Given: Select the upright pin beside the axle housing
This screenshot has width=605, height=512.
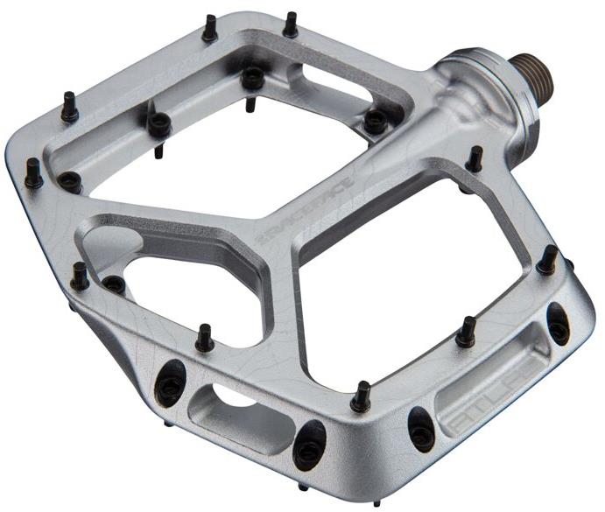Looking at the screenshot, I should [x=475, y=159].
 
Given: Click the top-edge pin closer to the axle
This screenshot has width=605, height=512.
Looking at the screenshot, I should [x=291, y=24].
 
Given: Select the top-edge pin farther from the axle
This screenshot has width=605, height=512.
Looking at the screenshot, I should [x=210, y=29].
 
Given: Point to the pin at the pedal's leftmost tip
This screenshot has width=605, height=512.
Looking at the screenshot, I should [x=33, y=173].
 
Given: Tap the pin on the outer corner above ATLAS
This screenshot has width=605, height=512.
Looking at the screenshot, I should [x=547, y=260].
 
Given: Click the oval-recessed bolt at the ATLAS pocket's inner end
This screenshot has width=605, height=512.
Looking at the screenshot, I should [x=421, y=427].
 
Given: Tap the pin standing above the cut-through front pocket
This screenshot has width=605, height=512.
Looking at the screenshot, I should [x=205, y=336].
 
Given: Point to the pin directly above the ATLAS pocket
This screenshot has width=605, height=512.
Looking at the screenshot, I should [x=466, y=331].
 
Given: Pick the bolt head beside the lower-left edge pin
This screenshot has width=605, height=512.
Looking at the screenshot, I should [x=114, y=284].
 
